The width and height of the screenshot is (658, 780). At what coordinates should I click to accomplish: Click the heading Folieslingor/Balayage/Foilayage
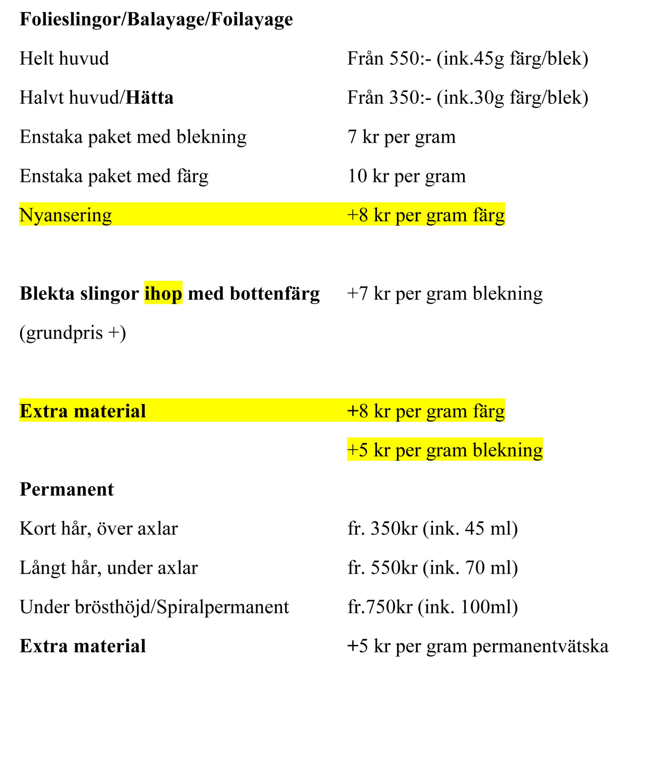coord(156,19)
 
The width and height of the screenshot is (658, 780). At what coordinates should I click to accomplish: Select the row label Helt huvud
coord(64,58)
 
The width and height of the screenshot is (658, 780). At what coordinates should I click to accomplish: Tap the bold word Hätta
coord(149,98)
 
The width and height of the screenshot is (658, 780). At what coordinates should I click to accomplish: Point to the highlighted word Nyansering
coord(66,215)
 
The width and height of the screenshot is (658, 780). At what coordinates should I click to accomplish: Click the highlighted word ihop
coord(163,294)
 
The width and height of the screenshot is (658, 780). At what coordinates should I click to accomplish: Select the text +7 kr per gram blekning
coord(445,294)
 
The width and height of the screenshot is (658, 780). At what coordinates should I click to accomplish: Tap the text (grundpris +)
coord(73,333)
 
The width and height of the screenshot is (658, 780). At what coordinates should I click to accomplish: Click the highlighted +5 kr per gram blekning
coord(445,450)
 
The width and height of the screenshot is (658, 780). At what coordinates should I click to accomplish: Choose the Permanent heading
coord(66,489)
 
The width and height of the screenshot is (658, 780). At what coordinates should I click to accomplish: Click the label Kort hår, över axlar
coord(98,529)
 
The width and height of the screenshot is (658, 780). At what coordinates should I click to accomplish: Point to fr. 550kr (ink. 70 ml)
coord(433,568)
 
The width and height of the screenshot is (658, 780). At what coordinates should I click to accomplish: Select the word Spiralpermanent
coord(223,607)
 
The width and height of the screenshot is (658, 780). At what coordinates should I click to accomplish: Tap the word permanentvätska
coord(540,646)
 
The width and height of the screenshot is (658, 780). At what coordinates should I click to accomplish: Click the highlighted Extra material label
coord(83,411)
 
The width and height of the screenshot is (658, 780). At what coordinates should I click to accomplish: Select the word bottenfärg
coord(274,294)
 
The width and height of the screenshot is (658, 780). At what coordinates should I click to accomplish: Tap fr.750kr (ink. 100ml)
coord(433,607)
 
